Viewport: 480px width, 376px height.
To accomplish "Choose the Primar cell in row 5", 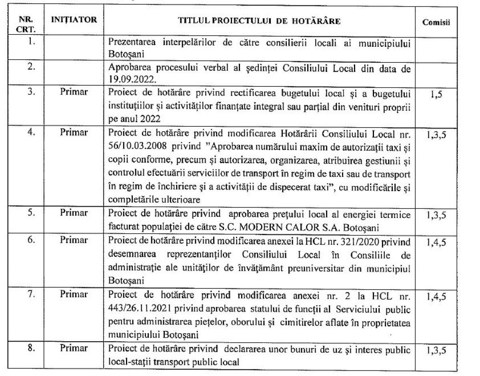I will click(x=74, y=214).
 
